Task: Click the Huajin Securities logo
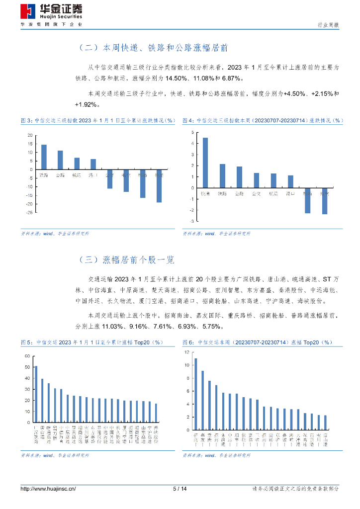coord(51,13)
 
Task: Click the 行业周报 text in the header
coord(328,24)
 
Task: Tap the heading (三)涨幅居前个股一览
coord(126,259)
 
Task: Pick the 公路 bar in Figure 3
coord(60,160)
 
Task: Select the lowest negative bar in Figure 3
coord(159,186)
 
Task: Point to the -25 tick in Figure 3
coord(30,212)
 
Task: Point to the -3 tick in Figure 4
coord(191,220)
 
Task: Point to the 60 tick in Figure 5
coord(27,356)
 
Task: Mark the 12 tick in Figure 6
coord(186,352)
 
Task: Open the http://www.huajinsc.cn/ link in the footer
coord(48,489)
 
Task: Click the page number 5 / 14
coord(180,489)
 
